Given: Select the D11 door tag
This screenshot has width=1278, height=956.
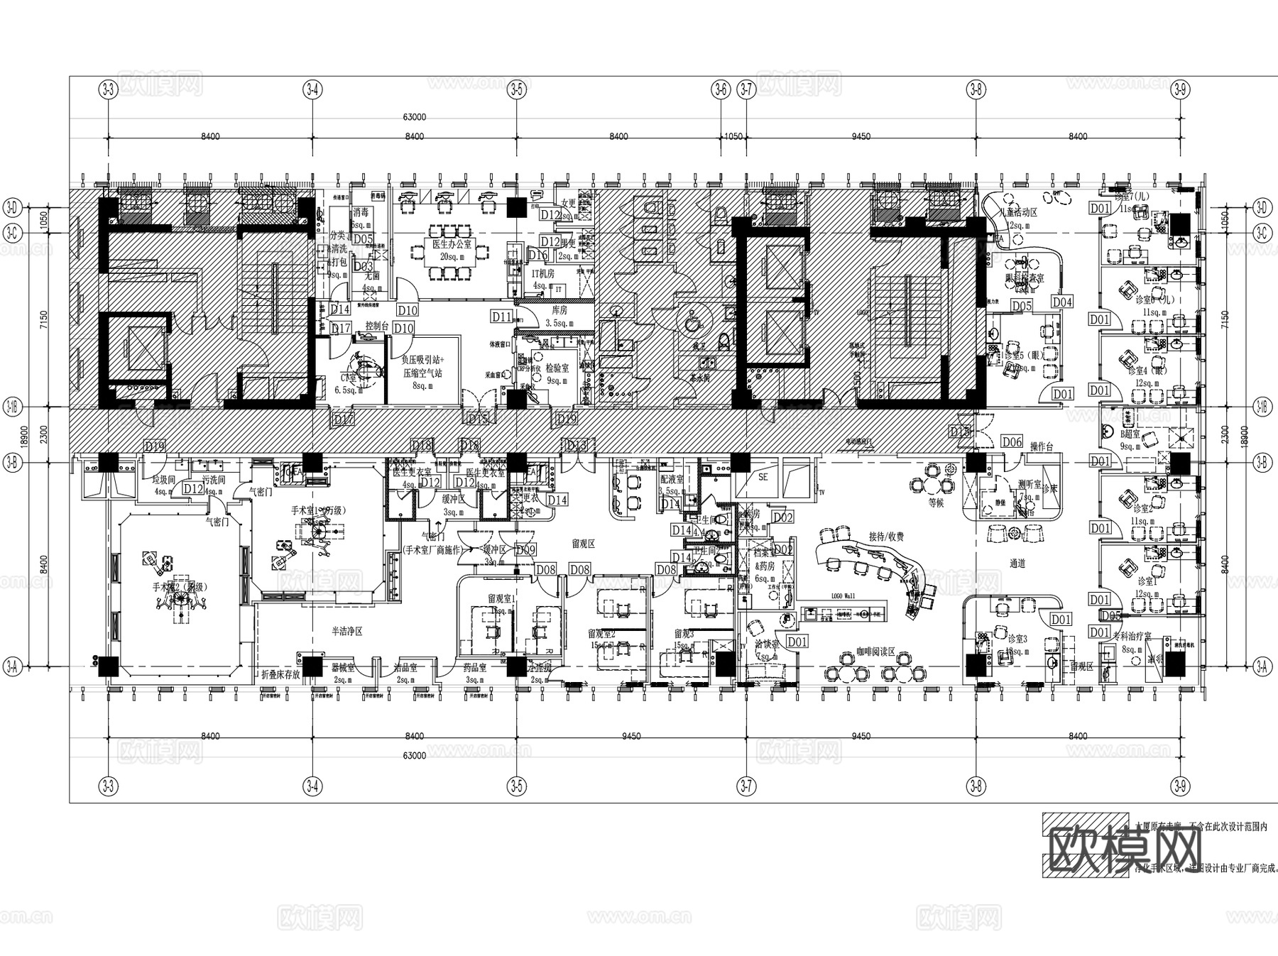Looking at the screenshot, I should tap(501, 317).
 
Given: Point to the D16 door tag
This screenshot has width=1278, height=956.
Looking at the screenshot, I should tap(537, 256).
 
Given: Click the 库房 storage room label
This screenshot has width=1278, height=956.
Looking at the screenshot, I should tap(559, 311).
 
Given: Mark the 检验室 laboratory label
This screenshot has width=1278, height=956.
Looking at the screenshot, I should tap(557, 369).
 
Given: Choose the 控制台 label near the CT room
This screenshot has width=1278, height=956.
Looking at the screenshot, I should tap(376, 326).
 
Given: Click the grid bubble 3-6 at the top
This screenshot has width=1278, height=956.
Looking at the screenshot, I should tap(720, 89).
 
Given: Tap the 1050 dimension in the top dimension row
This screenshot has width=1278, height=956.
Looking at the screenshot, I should tap(732, 136).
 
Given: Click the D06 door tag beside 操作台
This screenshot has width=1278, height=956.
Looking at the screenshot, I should tap(1012, 442).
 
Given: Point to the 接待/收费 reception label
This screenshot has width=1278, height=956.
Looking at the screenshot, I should tap(886, 537).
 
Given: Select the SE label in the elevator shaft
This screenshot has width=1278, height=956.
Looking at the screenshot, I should tap(763, 478).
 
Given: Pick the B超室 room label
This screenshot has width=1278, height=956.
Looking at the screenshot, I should tap(1130, 434).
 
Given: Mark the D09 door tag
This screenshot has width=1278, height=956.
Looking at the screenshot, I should tap(525, 549).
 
